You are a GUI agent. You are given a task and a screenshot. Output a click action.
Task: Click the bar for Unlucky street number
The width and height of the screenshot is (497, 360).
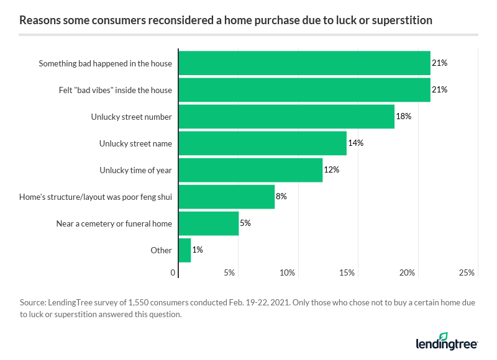(286, 117)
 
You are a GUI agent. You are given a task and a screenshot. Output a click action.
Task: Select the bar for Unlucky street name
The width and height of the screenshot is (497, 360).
(262, 143)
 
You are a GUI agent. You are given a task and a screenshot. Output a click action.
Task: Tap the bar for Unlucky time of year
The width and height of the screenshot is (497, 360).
(250, 170)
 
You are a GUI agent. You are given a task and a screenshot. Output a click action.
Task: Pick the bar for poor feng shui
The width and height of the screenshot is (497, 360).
(226, 197)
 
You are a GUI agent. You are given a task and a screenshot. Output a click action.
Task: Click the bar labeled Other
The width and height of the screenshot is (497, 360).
(185, 250)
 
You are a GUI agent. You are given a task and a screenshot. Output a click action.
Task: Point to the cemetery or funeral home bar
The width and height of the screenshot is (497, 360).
(209, 223)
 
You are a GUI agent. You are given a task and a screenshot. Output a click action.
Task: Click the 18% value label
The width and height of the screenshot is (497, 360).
(404, 117)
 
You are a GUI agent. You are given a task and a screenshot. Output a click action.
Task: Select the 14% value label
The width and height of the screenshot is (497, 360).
(355, 143)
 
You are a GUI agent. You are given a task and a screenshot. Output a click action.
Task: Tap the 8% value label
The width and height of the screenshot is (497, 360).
(281, 197)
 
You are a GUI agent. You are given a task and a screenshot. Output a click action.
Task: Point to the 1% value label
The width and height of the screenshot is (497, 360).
(198, 250)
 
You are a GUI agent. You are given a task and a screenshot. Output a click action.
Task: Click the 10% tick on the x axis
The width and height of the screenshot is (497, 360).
(287, 272)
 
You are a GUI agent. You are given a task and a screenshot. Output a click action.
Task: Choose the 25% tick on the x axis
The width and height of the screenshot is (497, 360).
(467, 272)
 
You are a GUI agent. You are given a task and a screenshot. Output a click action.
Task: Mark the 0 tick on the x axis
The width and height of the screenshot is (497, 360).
(173, 272)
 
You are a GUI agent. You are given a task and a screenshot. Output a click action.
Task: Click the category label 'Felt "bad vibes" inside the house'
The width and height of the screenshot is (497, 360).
(111, 90)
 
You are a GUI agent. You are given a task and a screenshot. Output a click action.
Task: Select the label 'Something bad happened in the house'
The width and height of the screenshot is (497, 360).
(105, 63)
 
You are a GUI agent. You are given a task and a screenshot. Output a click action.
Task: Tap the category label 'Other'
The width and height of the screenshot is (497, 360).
(162, 250)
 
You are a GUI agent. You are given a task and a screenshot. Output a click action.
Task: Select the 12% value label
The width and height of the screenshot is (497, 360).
(331, 170)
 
